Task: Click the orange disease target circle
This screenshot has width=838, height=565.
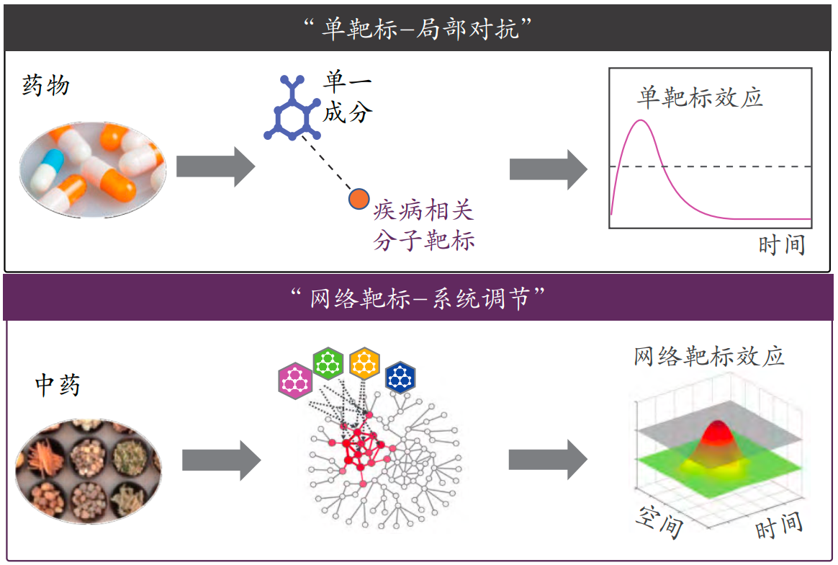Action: pos(359,199)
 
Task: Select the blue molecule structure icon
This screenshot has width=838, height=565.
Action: pos(292,108)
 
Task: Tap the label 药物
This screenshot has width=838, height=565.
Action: pos(46,85)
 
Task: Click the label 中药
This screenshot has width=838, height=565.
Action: pos(58,385)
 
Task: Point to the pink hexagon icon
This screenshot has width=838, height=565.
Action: pos(295,381)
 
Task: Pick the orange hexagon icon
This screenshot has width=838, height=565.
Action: pos(364,363)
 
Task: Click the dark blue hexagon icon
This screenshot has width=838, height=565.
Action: pos(400,377)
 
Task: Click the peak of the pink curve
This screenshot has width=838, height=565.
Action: pos(640,121)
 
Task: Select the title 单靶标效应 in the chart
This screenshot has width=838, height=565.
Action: pos(700,97)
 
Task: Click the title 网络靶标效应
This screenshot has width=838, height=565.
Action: pos(709,356)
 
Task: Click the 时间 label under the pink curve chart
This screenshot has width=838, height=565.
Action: pos(782,245)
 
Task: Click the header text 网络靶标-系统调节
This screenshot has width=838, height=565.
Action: pos(418,298)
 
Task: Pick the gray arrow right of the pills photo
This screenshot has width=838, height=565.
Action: pos(216,167)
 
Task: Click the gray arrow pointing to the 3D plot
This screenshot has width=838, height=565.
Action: pos(548,460)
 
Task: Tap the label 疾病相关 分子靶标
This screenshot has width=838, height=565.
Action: pos(423,226)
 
